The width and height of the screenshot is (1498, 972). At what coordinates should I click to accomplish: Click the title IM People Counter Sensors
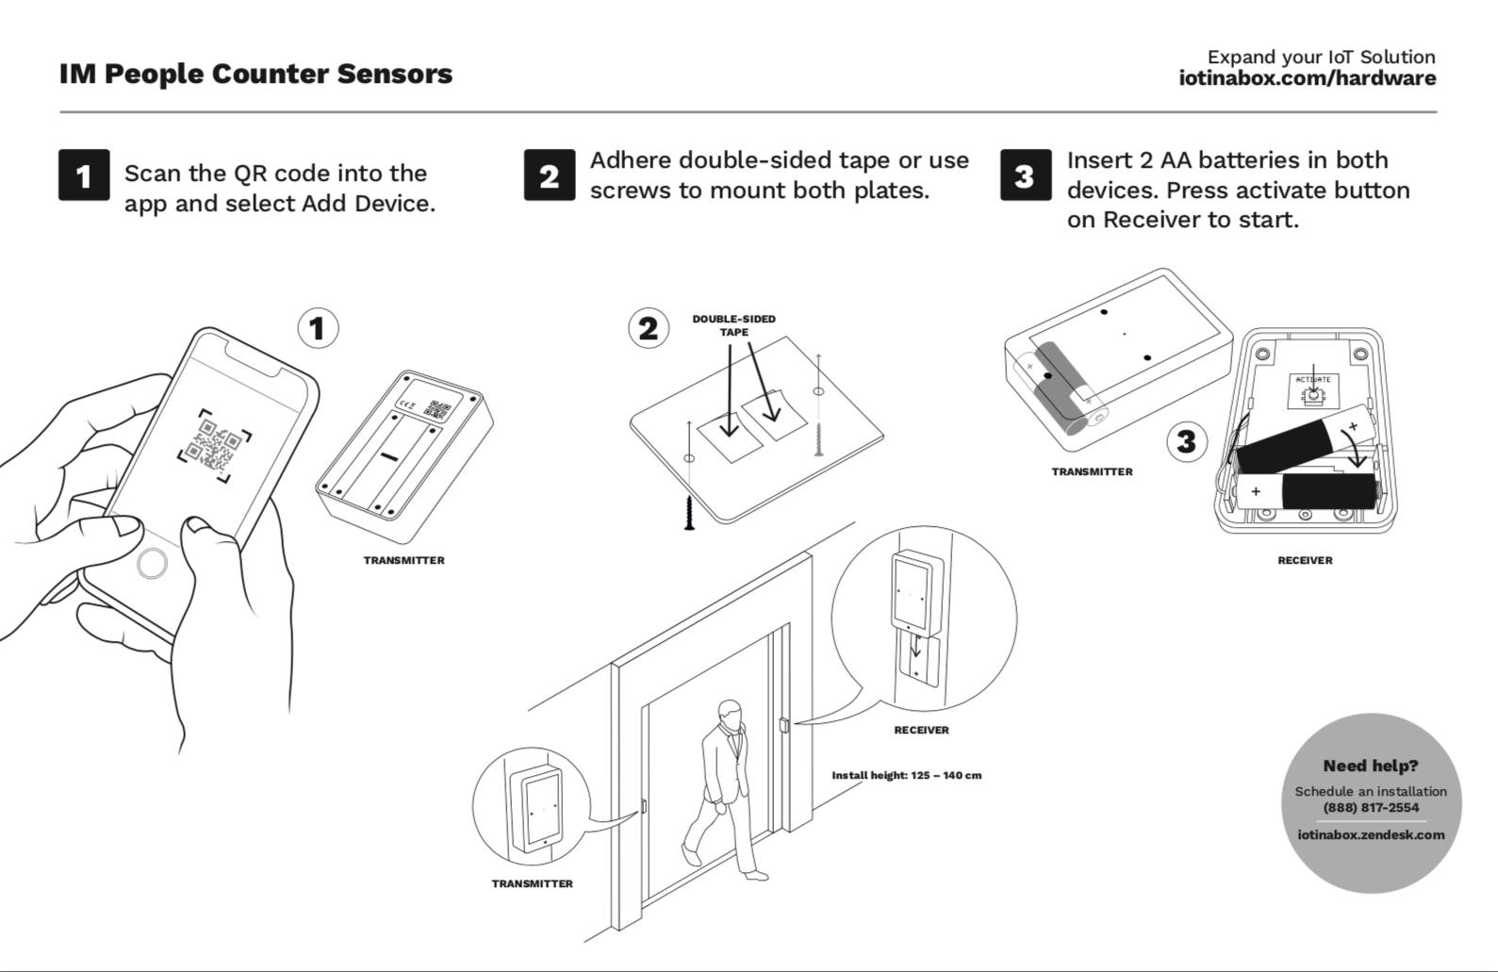[x=255, y=74]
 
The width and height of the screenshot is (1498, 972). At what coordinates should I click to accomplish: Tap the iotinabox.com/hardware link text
[x=1307, y=78]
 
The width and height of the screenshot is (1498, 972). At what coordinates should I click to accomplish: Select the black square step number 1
[x=84, y=175]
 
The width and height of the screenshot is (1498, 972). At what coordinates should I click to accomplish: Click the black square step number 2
[x=550, y=175]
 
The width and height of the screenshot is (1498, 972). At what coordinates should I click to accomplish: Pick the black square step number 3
[x=1026, y=175]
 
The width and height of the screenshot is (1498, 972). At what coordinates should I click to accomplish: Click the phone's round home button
[x=152, y=564]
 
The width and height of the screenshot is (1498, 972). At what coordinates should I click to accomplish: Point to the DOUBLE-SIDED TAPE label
[x=733, y=325]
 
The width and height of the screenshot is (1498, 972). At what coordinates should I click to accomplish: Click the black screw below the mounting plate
[x=690, y=512]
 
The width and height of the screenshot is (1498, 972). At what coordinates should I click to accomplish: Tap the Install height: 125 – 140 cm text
[x=906, y=775]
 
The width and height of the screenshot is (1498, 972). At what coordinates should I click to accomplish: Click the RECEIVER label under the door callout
[x=921, y=730]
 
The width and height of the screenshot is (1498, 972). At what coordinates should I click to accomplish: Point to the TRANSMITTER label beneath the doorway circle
[x=532, y=883]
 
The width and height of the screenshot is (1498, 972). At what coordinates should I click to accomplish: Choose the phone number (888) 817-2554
[x=1371, y=807]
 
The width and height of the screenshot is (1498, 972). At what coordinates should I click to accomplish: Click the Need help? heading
[x=1371, y=766]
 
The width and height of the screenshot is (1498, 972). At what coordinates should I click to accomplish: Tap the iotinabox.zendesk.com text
[x=1371, y=834]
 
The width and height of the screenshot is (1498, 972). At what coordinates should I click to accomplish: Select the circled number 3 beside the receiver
[x=1187, y=441]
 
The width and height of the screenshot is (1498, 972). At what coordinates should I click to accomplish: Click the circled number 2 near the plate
[x=649, y=328]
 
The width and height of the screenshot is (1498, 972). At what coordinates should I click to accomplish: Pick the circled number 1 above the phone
[x=318, y=328]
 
